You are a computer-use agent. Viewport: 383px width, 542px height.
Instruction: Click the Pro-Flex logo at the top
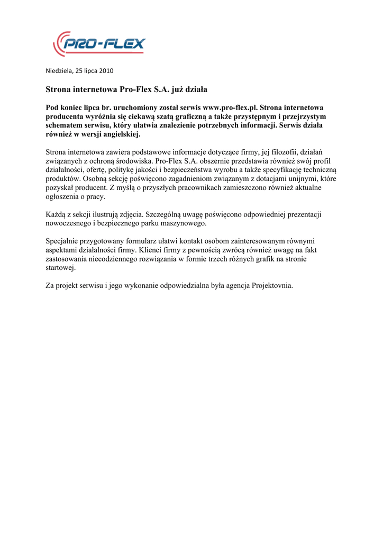99,43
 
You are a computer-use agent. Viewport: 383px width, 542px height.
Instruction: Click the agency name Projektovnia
272,286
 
